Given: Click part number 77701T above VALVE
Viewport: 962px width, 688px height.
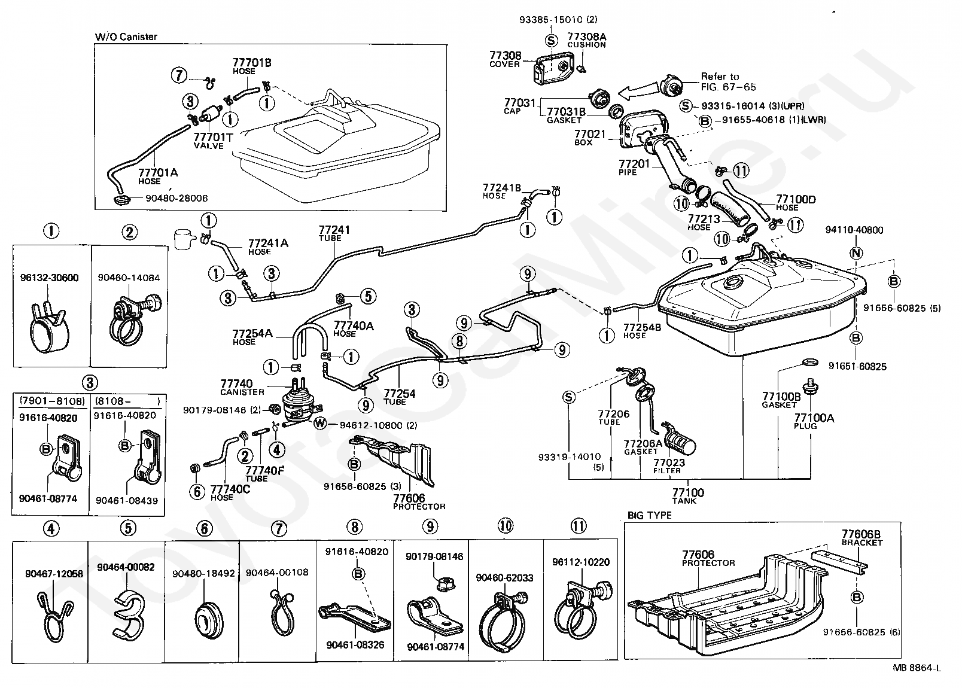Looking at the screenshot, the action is point(213,138).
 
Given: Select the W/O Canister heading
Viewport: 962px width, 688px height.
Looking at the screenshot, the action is point(126,37).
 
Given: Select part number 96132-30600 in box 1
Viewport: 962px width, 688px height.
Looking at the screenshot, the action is point(50,278).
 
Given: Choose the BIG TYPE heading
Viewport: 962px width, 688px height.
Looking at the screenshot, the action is point(649,515).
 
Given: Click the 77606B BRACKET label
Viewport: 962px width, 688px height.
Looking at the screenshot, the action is point(861,538).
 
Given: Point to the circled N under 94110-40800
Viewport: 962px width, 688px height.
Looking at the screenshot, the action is point(856,254).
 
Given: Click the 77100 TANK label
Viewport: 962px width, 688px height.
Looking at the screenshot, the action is point(688,496).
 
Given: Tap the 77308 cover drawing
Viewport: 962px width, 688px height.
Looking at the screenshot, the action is point(553,69).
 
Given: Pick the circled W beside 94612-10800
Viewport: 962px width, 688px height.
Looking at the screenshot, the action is point(319,424).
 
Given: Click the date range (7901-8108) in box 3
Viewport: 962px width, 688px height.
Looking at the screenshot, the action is point(51,401).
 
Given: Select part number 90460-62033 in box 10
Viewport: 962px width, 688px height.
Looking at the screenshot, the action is point(504,578).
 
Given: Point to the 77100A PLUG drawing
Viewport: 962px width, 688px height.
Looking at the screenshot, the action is point(811,386).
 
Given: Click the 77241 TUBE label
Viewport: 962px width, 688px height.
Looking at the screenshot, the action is point(334,233).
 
